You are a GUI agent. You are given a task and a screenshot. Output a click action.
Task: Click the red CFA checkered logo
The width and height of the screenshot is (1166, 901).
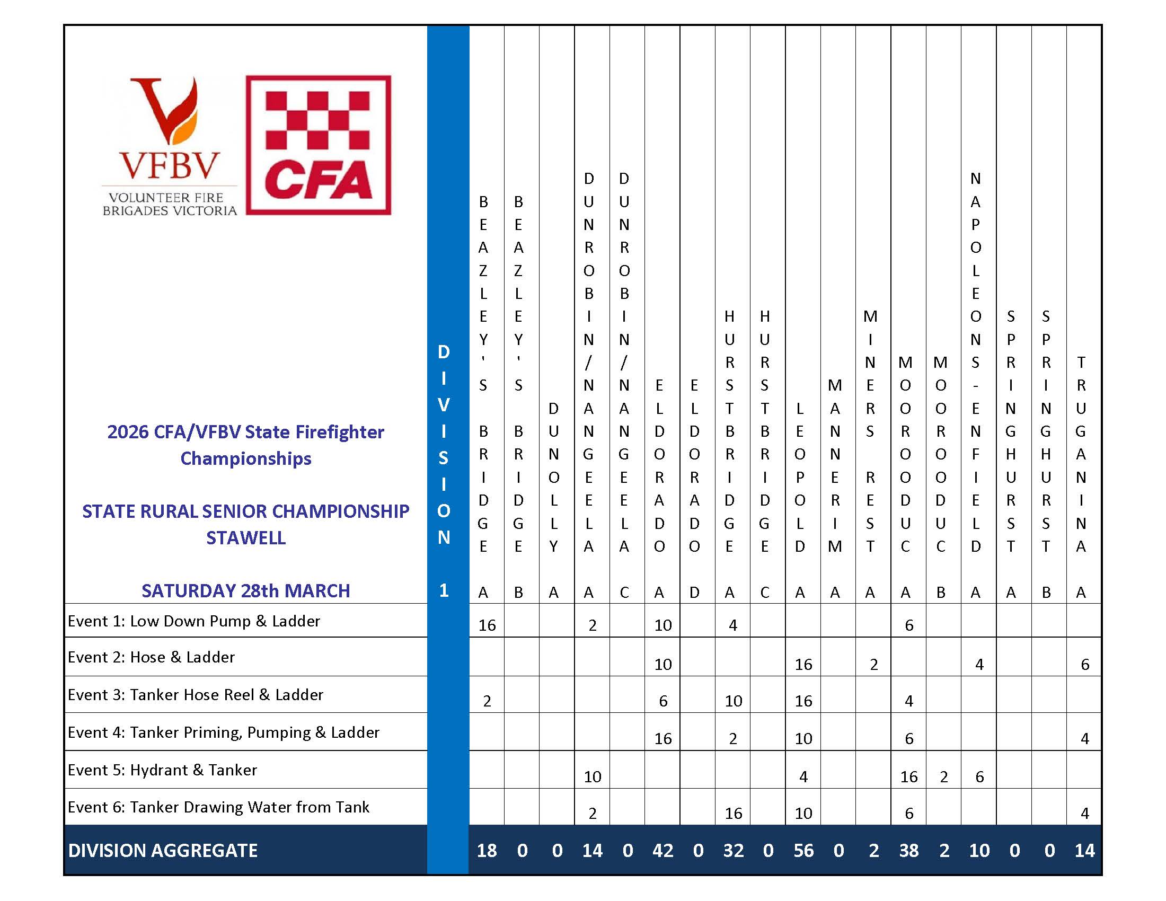318,145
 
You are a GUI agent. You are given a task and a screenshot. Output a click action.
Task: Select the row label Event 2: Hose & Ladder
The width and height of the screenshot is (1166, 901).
151,657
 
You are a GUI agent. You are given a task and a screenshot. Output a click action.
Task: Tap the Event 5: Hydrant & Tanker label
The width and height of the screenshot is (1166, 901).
162,770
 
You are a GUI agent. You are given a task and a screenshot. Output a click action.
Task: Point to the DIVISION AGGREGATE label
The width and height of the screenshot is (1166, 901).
163,850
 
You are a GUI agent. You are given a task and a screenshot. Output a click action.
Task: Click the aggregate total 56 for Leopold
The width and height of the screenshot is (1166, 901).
803,850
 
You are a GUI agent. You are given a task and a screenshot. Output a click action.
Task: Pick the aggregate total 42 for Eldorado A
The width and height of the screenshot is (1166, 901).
662,850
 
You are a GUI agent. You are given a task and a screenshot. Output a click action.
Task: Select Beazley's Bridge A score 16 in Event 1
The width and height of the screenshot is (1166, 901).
487,625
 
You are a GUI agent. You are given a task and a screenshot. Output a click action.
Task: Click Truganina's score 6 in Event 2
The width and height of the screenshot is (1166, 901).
1085,664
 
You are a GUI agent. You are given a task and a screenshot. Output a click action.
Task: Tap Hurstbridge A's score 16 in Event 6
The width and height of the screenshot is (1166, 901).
733,813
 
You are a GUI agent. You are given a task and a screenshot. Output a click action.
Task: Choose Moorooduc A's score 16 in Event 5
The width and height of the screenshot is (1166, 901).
908,776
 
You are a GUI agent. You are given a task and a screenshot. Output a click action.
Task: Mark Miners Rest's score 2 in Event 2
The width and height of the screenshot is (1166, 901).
874,664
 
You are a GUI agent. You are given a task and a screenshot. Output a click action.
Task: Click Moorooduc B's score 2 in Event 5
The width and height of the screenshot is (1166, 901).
944,776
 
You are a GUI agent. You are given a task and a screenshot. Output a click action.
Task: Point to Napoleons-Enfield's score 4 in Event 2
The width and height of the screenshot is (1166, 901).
979,664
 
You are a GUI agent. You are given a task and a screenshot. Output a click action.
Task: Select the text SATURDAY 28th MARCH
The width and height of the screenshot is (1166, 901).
245,591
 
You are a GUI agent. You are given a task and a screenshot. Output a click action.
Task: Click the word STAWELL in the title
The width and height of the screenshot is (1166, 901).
245,537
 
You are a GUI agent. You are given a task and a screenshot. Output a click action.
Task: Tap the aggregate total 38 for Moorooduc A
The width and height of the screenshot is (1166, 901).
908,850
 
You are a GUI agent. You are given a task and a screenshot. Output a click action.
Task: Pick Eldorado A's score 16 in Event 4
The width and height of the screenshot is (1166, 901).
662,738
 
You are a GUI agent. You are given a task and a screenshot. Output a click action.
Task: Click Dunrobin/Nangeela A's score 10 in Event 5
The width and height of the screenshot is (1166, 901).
592,776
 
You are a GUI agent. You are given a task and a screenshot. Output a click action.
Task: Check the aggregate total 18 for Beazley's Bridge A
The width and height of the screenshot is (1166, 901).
487,850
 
